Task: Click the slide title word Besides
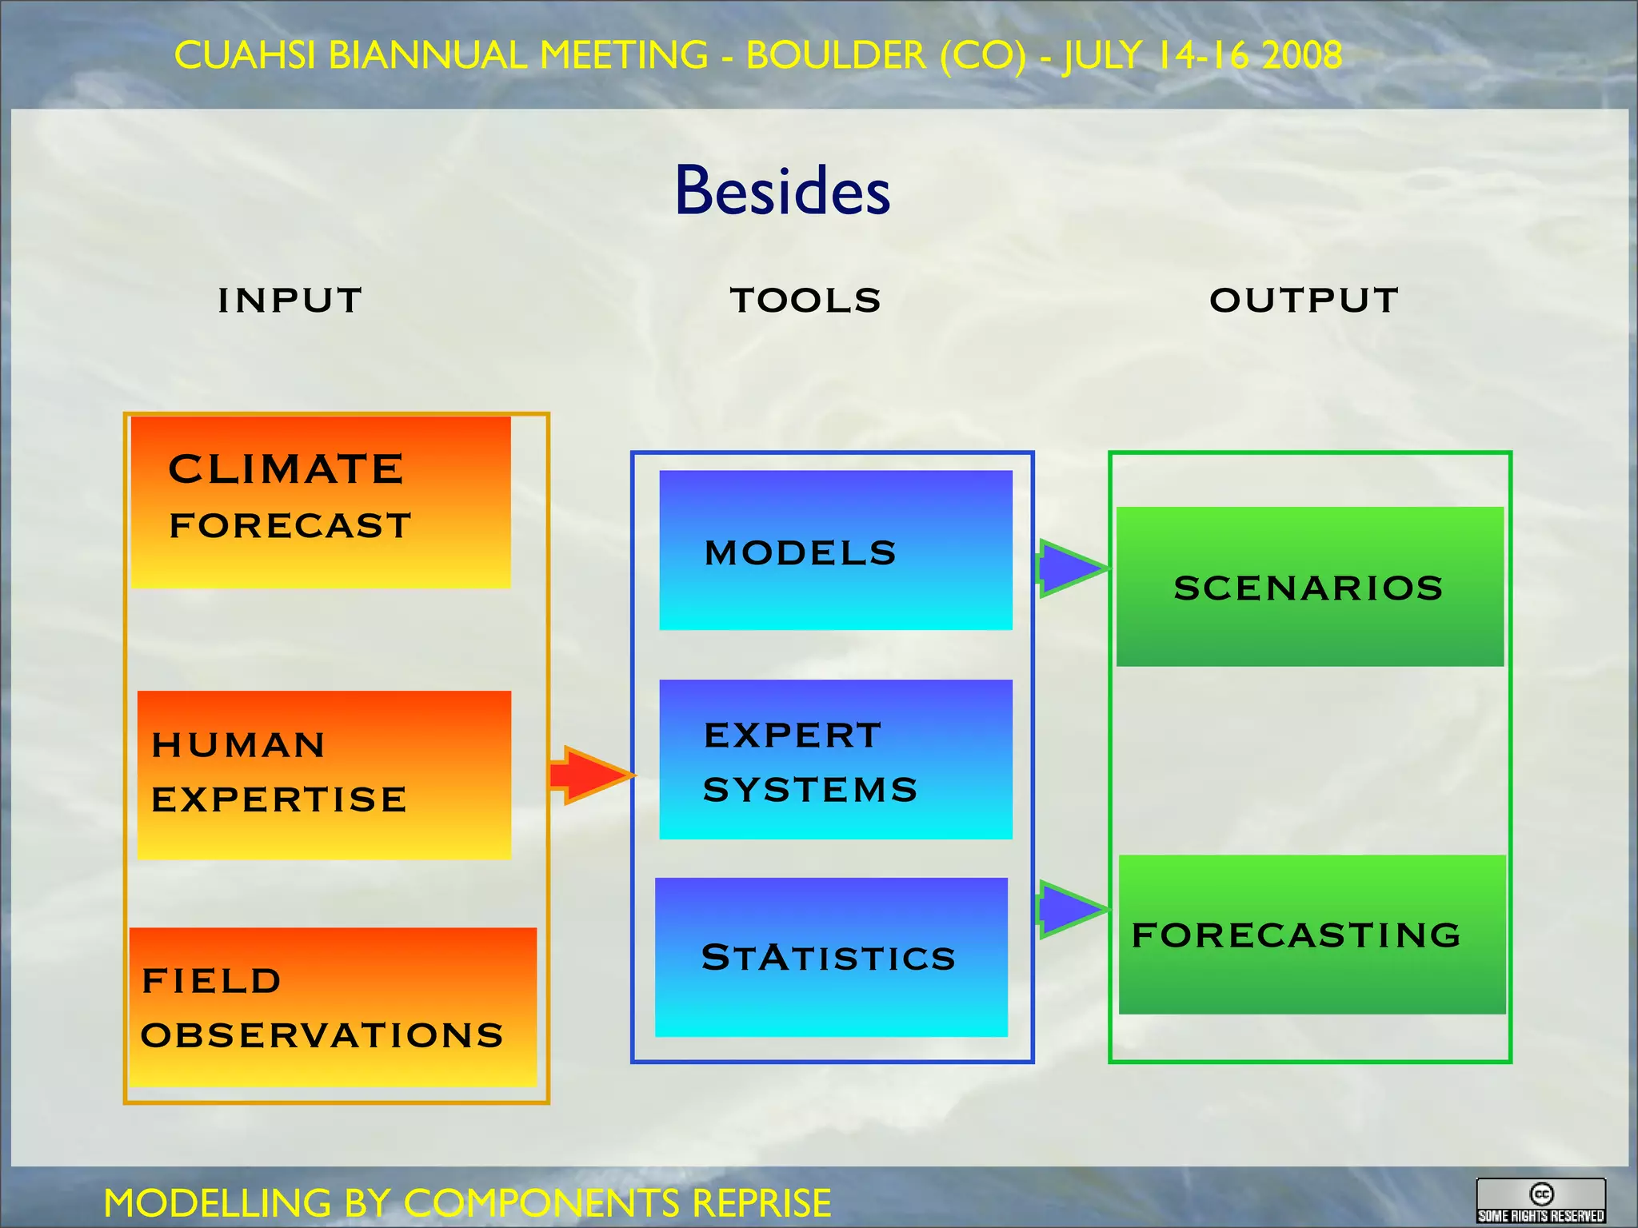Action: tap(782, 192)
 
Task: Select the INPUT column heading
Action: tap(290, 301)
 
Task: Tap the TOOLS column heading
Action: tap(805, 301)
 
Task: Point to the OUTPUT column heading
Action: tap(1304, 301)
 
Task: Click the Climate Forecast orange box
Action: tap(320, 502)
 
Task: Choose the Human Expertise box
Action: tap(324, 774)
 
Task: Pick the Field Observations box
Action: tap(332, 1007)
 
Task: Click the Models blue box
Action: tap(836, 550)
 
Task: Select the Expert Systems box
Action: tap(836, 760)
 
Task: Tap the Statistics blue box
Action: tap(831, 957)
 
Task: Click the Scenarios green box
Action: tap(1309, 587)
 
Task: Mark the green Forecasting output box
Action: tap(1312, 935)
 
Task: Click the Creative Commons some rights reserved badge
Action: tap(1540, 1201)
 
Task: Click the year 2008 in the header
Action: tap(1302, 56)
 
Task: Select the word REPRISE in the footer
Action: tap(761, 1203)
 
